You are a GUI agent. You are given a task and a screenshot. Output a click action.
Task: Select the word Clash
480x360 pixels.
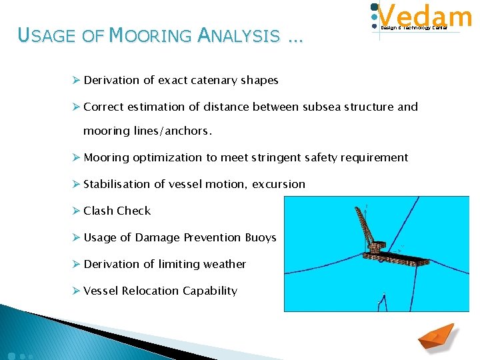[98, 211]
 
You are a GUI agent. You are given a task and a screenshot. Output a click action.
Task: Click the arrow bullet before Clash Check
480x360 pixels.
[76, 211]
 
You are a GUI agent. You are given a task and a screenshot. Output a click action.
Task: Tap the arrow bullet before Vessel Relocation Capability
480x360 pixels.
[76, 291]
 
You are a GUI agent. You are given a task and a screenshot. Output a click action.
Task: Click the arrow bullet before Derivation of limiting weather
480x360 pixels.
[76, 264]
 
